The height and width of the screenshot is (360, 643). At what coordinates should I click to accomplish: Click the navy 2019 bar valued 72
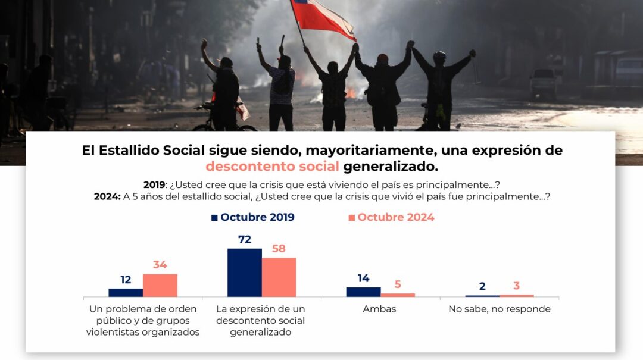click(x=244, y=272)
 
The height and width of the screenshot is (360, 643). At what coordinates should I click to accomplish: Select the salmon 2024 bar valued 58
click(x=279, y=277)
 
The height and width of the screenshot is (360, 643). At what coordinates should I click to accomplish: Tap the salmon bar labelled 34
click(x=160, y=285)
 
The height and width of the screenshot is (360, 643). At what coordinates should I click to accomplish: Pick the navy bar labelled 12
click(x=126, y=292)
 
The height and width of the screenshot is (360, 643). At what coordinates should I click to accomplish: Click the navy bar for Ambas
click(x=363, y=292)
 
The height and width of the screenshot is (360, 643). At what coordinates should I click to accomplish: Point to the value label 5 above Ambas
click(x=398, y=284)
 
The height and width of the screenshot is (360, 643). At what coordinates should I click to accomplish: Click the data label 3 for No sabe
click(x=516, y=286)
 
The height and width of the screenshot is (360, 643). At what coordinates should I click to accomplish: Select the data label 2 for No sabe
click(x=482, y=286)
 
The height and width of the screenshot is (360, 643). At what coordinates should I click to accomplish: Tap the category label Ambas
click(x=379, y=309)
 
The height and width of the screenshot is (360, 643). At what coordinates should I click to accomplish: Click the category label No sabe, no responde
click(x=500, y=309)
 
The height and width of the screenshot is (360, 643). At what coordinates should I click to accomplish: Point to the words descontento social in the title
click(x=273, y=166)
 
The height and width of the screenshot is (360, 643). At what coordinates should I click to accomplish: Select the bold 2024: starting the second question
click(x=107, y=196)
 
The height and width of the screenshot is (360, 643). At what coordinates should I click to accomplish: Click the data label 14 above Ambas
click(x=363, y=278)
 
